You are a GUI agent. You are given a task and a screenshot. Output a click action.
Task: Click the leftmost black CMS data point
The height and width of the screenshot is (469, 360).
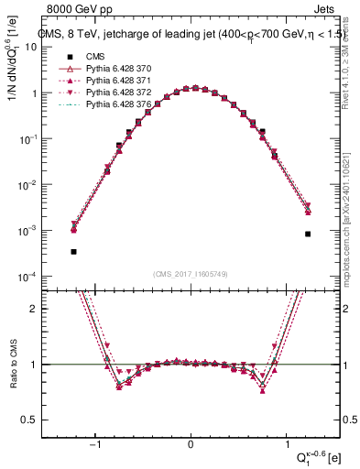pyautogui.click(x=73, y=251)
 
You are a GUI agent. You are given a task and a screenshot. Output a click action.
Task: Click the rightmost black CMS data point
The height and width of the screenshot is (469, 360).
pyautogui.click(x=309, y=234)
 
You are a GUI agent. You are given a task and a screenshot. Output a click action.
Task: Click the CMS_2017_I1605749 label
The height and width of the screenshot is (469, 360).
pyautogui.click(x=191, y=274)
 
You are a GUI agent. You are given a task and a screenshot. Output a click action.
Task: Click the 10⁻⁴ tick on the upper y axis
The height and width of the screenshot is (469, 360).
pyautogui.click(x=39, y=277)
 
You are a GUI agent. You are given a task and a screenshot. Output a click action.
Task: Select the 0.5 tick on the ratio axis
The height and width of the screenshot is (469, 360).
pyautogui.click(x=40, y=420)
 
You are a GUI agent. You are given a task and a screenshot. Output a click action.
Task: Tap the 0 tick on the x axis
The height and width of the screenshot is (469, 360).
pyautogui.click(x=191, y=446)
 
